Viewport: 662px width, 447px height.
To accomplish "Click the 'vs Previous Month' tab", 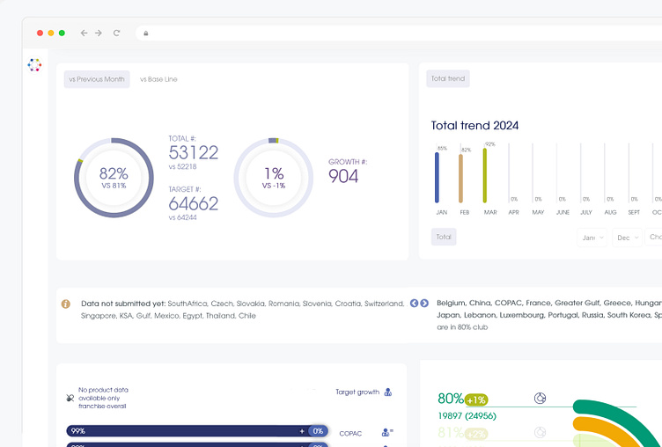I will pos(97,79).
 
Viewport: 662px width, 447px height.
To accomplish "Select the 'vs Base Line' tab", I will pos(158,79).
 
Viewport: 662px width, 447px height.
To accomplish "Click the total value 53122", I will pos(194,153).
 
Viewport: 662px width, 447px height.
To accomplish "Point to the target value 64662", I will pos(194,204).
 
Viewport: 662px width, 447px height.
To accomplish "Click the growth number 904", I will pos(343,176).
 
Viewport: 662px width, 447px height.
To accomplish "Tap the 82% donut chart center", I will pos(114,178).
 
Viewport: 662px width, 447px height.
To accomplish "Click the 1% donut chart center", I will pos(273,178).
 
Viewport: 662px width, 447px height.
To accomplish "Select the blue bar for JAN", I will pos(438,177).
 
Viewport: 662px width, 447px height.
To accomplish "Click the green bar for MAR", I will pos(485,175).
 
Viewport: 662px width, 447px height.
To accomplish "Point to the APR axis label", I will pos(514,212).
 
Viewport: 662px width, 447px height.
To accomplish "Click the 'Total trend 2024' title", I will pos(474,126).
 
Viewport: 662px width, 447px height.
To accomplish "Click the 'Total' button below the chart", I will pos(444,237).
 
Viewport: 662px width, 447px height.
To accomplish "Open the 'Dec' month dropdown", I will pos(627,238).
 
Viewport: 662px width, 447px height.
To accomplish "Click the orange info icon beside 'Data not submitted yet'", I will pos(66,304).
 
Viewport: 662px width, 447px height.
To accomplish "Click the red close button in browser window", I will pos(40,33).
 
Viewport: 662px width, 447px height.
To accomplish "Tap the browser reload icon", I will pos(116,33).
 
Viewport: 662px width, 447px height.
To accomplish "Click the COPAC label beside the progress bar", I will pos(350,433).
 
